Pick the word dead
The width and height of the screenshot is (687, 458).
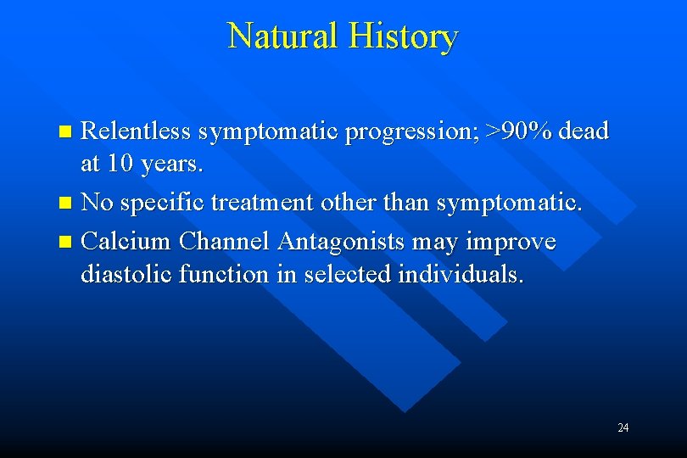pyautogui.click(x=584, y=131)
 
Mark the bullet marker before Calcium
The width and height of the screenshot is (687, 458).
pyautogui.click(x=68, y=243)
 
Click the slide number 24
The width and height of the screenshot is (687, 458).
pyautogui.click(x=623, y=428)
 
